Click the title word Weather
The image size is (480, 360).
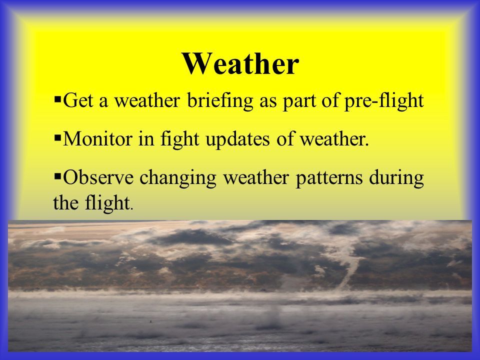[240, 63]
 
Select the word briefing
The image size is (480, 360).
[220, 100]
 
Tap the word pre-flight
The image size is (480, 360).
[384, 100]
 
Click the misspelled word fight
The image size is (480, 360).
[180, 139]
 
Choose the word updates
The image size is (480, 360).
[238, 139]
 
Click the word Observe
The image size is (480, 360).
[98, 177]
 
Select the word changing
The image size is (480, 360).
[178, 178]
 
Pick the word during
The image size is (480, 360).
[396, 178]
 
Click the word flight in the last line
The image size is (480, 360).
[107, 203]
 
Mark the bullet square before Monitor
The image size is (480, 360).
[57, 138]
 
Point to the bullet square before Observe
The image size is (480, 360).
[57, 176]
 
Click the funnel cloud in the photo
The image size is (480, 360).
[349, 269]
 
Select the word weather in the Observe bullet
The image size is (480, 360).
[256, 177]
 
